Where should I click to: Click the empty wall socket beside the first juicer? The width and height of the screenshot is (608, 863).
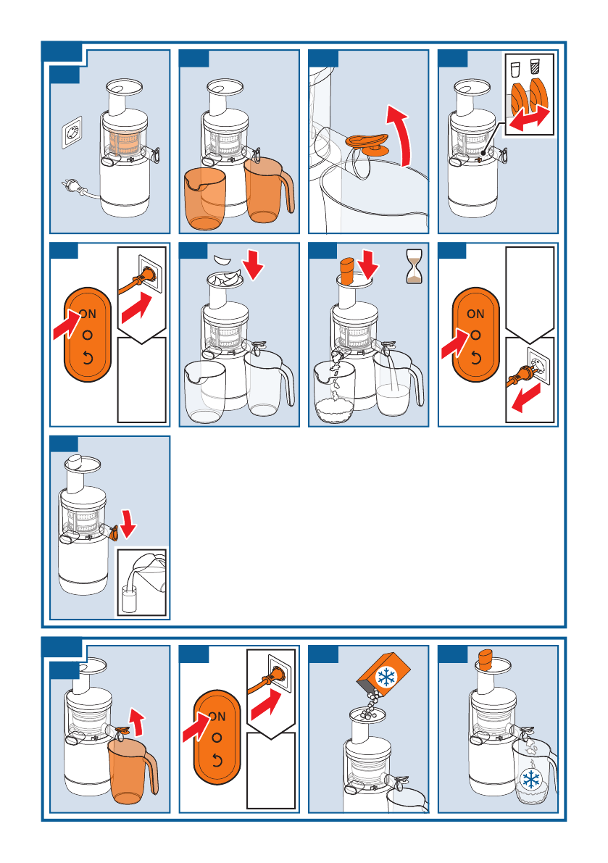coord(72,133)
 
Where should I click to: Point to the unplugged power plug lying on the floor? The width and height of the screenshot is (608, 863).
coord(74,186)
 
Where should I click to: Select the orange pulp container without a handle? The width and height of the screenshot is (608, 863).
coord(204,199)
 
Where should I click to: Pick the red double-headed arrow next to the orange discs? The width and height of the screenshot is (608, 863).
coord(530,120)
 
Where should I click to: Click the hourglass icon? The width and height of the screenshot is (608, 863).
coord(414,266)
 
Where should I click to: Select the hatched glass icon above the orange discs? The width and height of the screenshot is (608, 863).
coord(533,69)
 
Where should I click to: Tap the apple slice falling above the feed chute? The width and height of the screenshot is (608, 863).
coord(223,259)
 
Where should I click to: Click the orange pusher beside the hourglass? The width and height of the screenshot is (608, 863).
coord(347,272)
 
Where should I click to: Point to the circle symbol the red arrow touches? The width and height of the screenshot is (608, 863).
coord(475,335)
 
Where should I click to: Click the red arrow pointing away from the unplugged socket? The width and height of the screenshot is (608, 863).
coord(525,398)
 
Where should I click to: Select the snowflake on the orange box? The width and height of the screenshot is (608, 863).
coord(386,677)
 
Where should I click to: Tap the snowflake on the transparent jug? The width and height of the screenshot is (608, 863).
coord(531,780)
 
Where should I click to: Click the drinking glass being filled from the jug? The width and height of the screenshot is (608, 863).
coord(129,599)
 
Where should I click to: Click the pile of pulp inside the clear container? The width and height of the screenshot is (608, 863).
coord(335,407)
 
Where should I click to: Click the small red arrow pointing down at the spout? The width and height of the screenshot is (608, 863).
coord(128,523)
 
